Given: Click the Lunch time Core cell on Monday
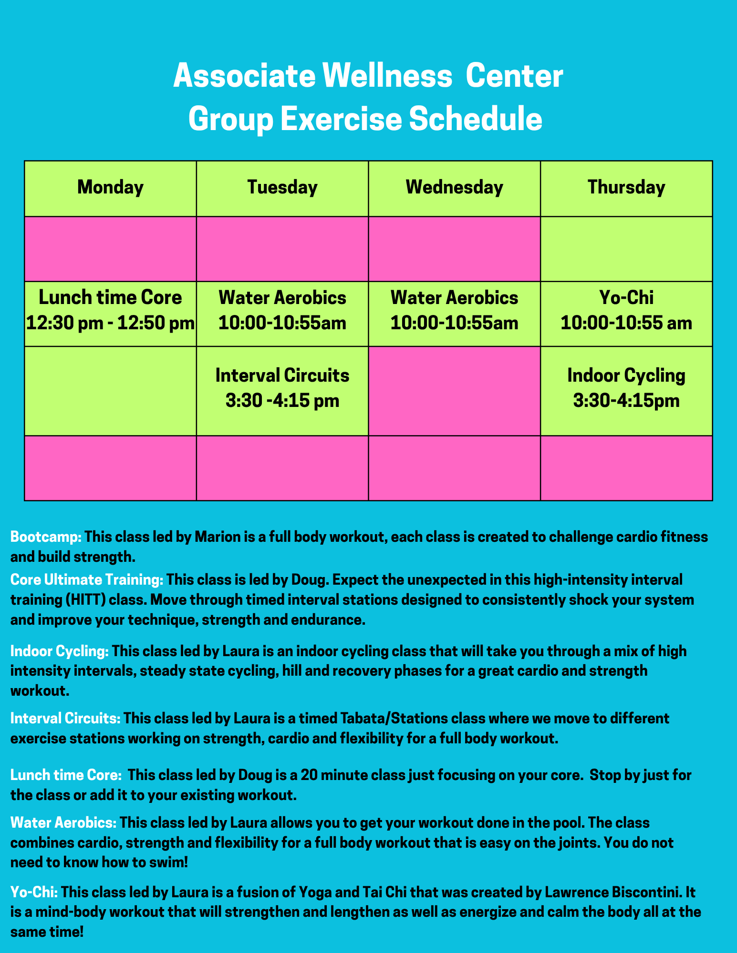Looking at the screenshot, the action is coord(110,314).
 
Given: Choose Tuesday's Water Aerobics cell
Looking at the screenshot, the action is coord(282,314).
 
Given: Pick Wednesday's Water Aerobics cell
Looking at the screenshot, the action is coord(454,314).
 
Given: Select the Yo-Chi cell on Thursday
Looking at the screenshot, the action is coord(626,314).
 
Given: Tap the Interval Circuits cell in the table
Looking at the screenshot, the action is coord(282,391).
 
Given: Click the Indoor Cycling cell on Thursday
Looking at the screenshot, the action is coord(626,391).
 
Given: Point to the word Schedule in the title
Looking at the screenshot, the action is coord(476,119).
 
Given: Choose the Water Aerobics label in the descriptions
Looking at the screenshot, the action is coord(63,823).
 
